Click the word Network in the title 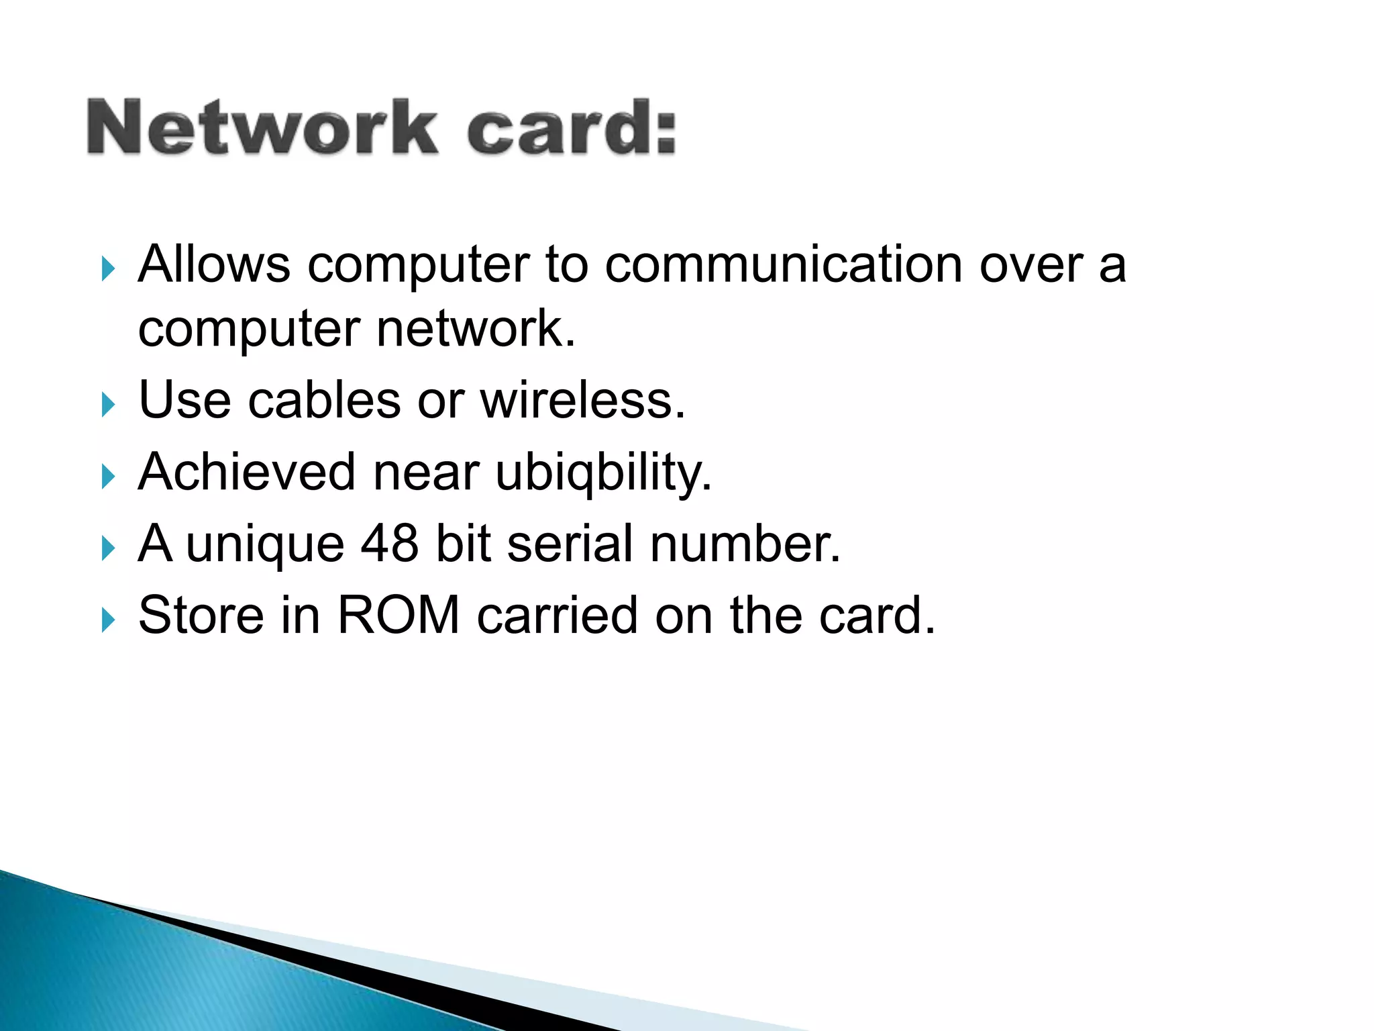(262, 128)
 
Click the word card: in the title (571, 128)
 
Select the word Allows (214, 264)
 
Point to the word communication (784, 264)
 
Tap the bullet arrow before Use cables (108, 405)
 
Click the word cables (325, 401)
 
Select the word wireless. (583, 401)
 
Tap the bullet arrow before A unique (108, 548)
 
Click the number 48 (390, 543)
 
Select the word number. (745, 543)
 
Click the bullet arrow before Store (108, 620)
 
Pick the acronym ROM (399, 615)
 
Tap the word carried (557, 615)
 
